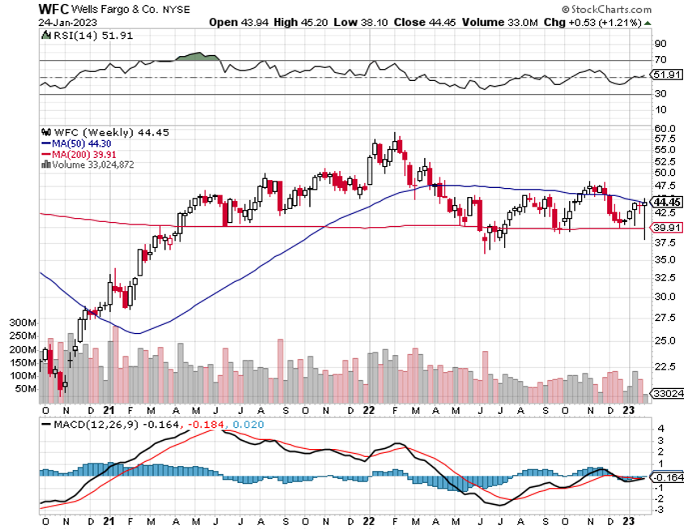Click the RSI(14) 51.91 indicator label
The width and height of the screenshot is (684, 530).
(80, 36)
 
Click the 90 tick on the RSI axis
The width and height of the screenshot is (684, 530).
(660, 43)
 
